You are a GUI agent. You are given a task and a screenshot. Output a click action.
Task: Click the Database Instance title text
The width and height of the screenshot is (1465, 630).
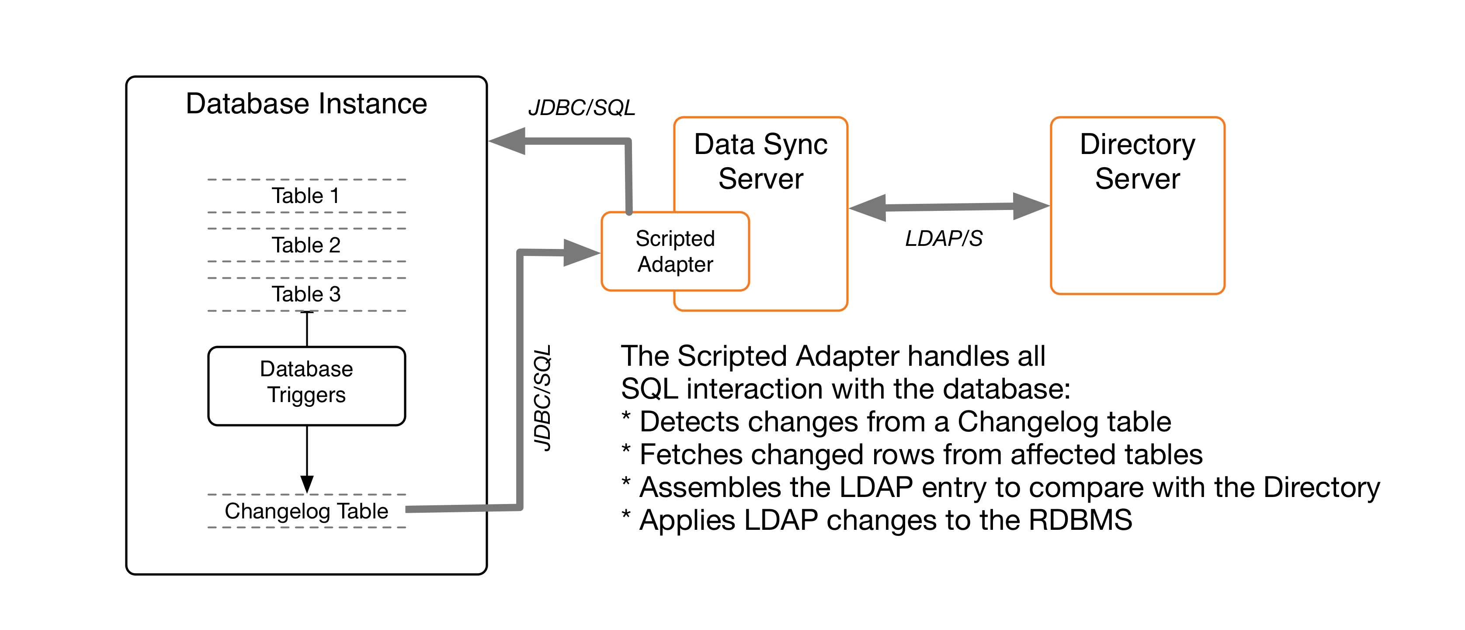tap(306, 104)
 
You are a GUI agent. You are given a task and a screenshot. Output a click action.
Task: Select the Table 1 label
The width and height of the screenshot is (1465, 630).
tap(305, 196)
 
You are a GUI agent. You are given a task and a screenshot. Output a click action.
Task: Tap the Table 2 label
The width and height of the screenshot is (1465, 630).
tap(305, 245)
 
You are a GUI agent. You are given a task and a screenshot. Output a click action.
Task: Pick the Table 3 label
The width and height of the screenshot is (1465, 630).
tap(305, 294)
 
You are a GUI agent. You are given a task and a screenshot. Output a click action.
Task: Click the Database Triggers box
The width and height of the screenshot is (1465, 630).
tap(306, 386)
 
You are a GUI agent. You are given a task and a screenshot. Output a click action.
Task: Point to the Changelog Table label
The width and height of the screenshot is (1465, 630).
tap(306, 511)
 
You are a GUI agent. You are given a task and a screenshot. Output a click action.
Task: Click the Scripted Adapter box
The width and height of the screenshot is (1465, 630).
tap(675, 251)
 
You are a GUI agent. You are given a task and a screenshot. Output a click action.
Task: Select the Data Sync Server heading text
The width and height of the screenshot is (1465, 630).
tap(760, 161)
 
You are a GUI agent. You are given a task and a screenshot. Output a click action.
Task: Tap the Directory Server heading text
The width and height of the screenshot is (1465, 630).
tap(1137, 161)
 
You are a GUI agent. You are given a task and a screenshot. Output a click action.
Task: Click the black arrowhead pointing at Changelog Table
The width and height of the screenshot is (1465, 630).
tap(307, 484)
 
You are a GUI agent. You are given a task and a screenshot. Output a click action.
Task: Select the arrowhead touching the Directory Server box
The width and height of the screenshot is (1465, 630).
tap(1030, 206)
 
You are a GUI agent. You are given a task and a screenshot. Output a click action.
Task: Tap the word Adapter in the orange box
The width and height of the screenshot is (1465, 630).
tap(675, 265)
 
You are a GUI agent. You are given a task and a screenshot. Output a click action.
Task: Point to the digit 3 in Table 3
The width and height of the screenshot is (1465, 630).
tap(335, 294)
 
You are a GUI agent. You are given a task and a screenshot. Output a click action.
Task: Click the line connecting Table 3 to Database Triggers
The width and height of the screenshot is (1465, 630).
tap(307, 329)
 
